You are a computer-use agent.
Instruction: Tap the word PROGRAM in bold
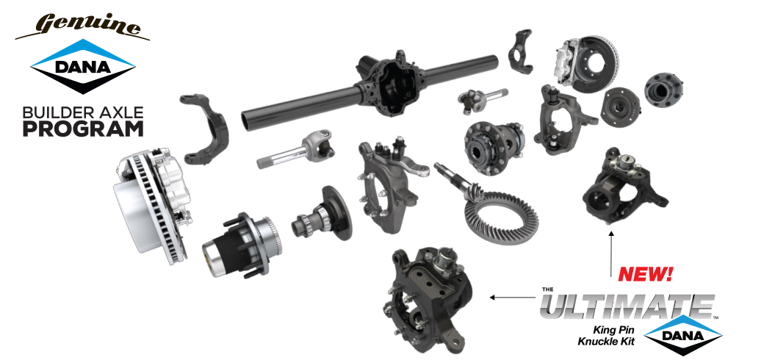(82, 129)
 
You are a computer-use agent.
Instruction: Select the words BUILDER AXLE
(82, 113)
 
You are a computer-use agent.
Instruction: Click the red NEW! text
(645, 276)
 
